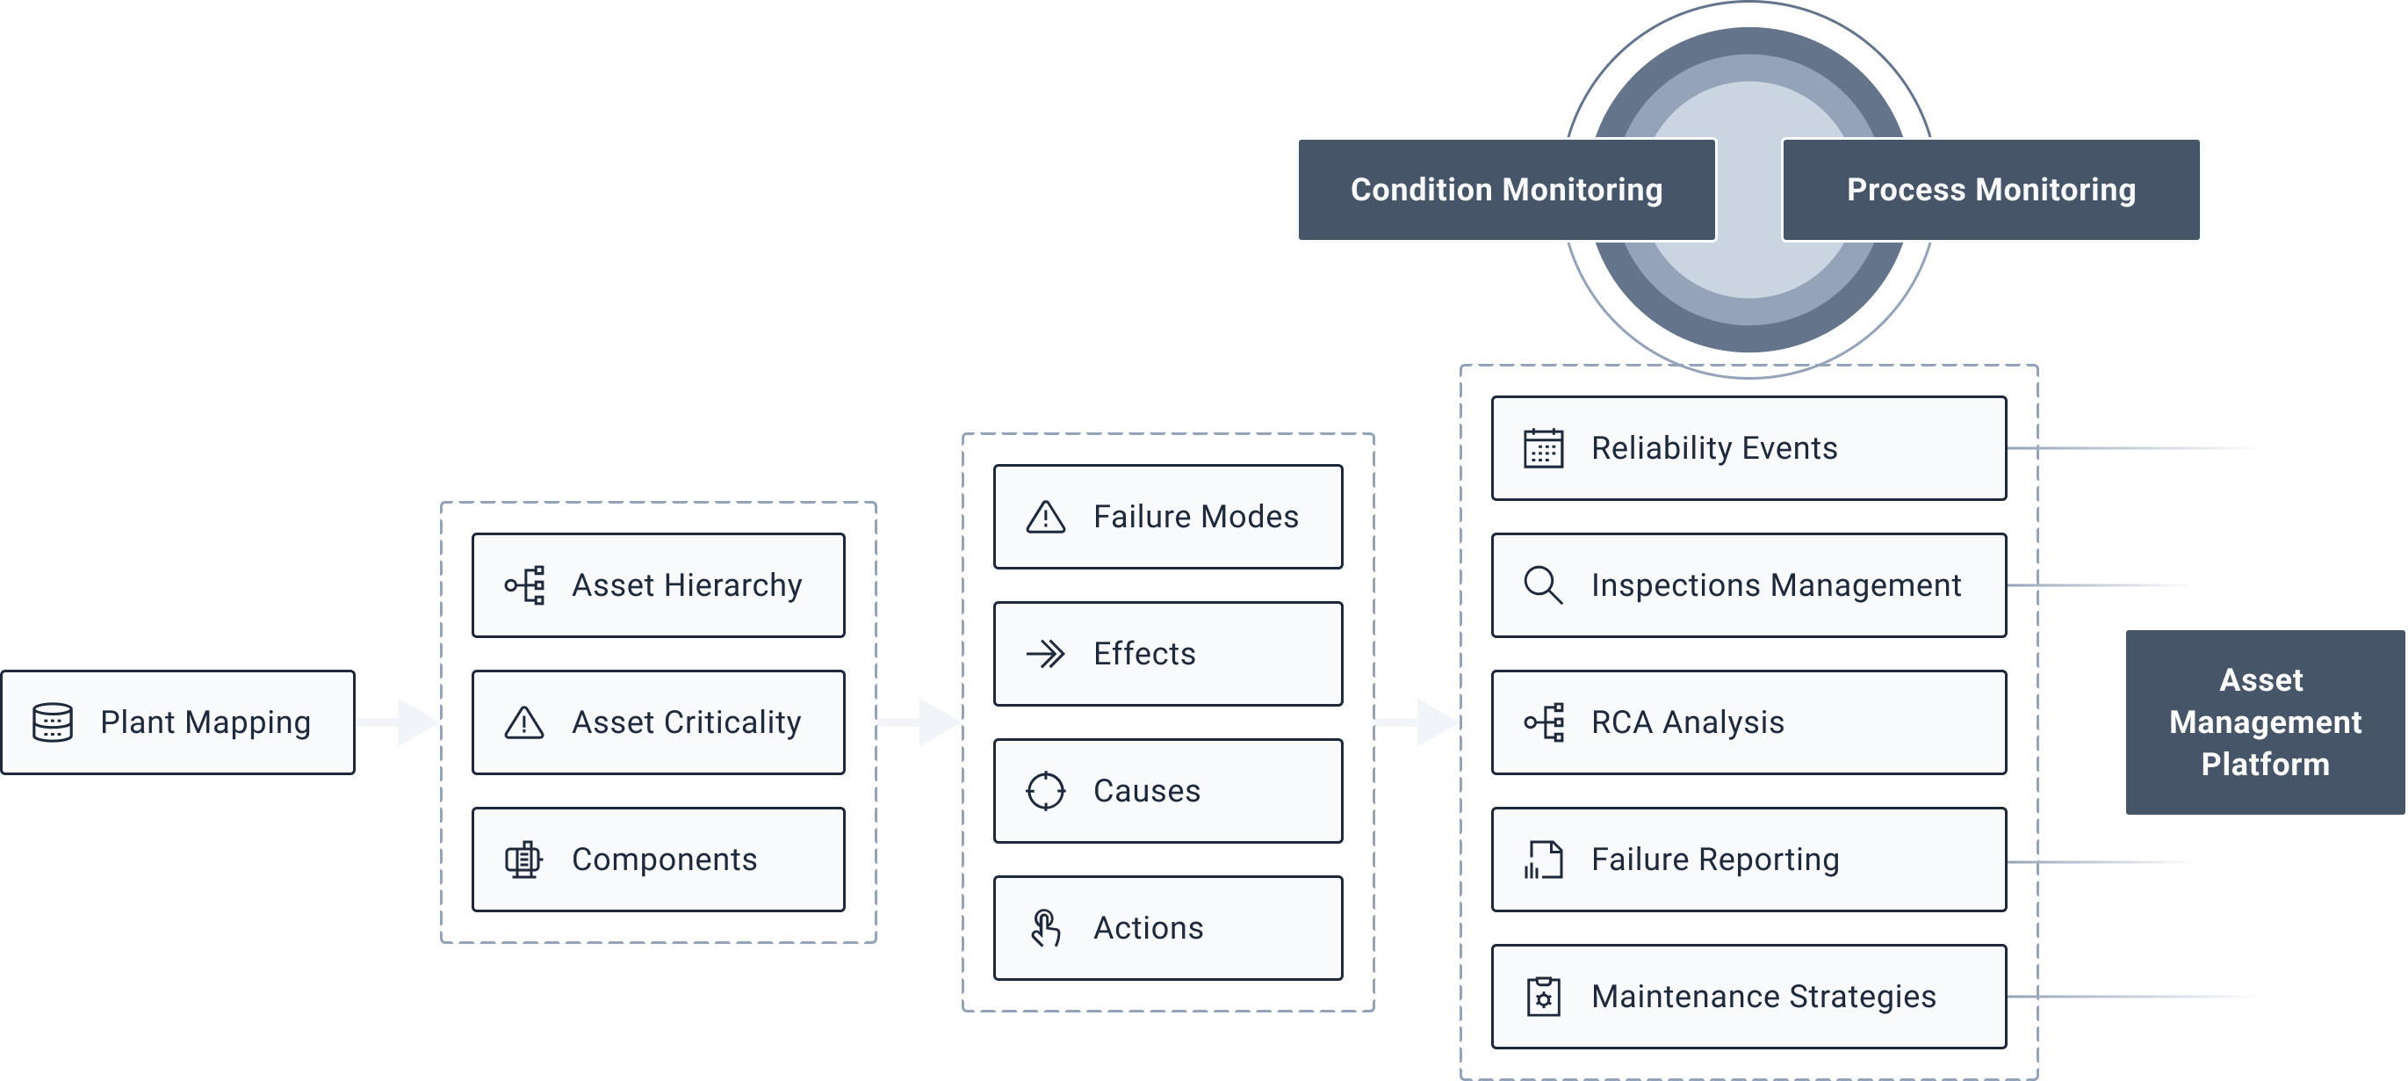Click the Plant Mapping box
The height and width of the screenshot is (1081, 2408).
[177, 722]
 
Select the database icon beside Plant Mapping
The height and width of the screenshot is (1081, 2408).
[53, 722]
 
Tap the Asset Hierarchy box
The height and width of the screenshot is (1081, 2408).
[658, 585]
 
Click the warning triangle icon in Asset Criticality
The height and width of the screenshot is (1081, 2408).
[523, 722]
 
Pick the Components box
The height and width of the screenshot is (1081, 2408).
[658, 860]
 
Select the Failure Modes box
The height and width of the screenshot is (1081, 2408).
[1167, 517]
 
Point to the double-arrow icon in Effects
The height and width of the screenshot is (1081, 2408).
[1045, 654]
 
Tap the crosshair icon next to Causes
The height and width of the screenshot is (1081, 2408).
[1045, 791]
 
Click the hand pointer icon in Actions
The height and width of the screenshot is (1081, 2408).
[1045, 929]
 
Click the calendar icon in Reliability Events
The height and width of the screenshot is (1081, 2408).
[1543, 448]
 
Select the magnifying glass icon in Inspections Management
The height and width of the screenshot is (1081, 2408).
[1542, 585]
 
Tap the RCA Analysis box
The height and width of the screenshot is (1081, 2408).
[1748, 722]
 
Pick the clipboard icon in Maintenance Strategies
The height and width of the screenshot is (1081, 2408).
[1543, 997]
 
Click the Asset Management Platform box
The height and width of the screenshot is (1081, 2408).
[2264, 722]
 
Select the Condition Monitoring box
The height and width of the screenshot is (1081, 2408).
[1506, 190]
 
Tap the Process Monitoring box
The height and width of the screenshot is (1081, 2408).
[1991, 190]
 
